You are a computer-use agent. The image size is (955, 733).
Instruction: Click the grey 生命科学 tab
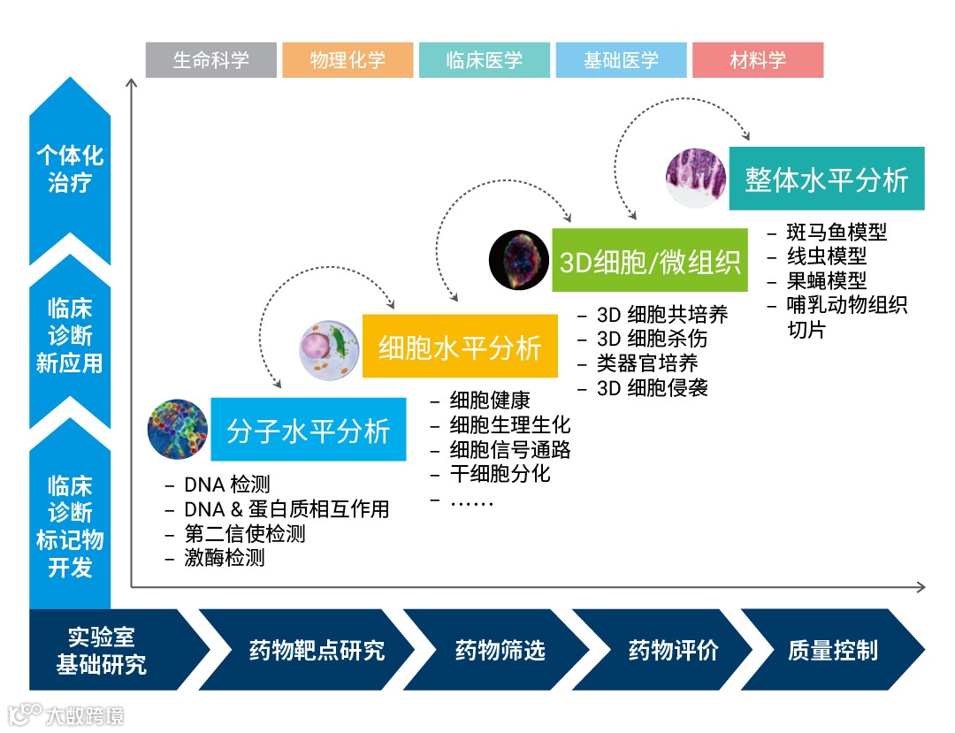211,60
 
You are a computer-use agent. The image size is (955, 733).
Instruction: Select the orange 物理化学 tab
348,60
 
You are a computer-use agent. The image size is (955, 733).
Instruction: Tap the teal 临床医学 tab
485,60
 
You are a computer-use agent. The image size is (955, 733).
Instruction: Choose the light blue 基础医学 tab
621,60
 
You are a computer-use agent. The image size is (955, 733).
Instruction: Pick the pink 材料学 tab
758,60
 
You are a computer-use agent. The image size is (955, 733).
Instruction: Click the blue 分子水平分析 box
308,430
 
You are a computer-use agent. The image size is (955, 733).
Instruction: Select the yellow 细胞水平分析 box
460,347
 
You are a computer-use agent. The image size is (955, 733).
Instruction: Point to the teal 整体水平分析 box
826,179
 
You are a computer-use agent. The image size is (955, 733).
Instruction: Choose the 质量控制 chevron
832,651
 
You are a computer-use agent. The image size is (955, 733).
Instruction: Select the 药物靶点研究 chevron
317,651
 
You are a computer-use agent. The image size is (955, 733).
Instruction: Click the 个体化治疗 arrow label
70,170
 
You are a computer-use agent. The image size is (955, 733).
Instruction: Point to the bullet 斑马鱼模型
837,233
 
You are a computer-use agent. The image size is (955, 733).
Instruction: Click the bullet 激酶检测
224,558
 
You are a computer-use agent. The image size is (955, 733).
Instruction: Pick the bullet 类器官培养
647,363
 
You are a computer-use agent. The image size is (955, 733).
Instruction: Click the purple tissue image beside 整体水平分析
696,179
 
